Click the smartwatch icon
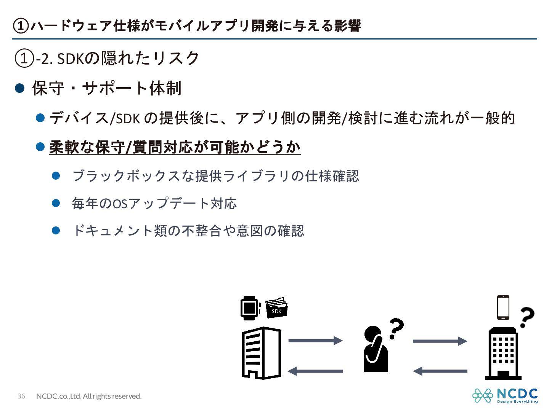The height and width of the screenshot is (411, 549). pos(250,308)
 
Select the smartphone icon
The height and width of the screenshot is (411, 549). pos(503,307)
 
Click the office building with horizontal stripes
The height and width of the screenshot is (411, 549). pos(261,353)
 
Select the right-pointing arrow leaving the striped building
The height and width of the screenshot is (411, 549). pos(315,340)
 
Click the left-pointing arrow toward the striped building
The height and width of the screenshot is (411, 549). pos(315,371)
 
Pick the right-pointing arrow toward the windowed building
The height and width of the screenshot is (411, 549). pos(440,341)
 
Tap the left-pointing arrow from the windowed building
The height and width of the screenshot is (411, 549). pos(440,371)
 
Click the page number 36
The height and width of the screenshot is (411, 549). pos(21,396)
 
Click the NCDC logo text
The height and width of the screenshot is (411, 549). pos(517,393)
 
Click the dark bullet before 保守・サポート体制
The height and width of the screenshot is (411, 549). pos(19,89)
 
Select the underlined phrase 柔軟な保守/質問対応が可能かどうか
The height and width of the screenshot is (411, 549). pos(175,147)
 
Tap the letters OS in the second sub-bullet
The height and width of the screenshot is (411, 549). pos(120,204)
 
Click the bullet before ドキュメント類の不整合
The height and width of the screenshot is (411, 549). pos(56,231)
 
